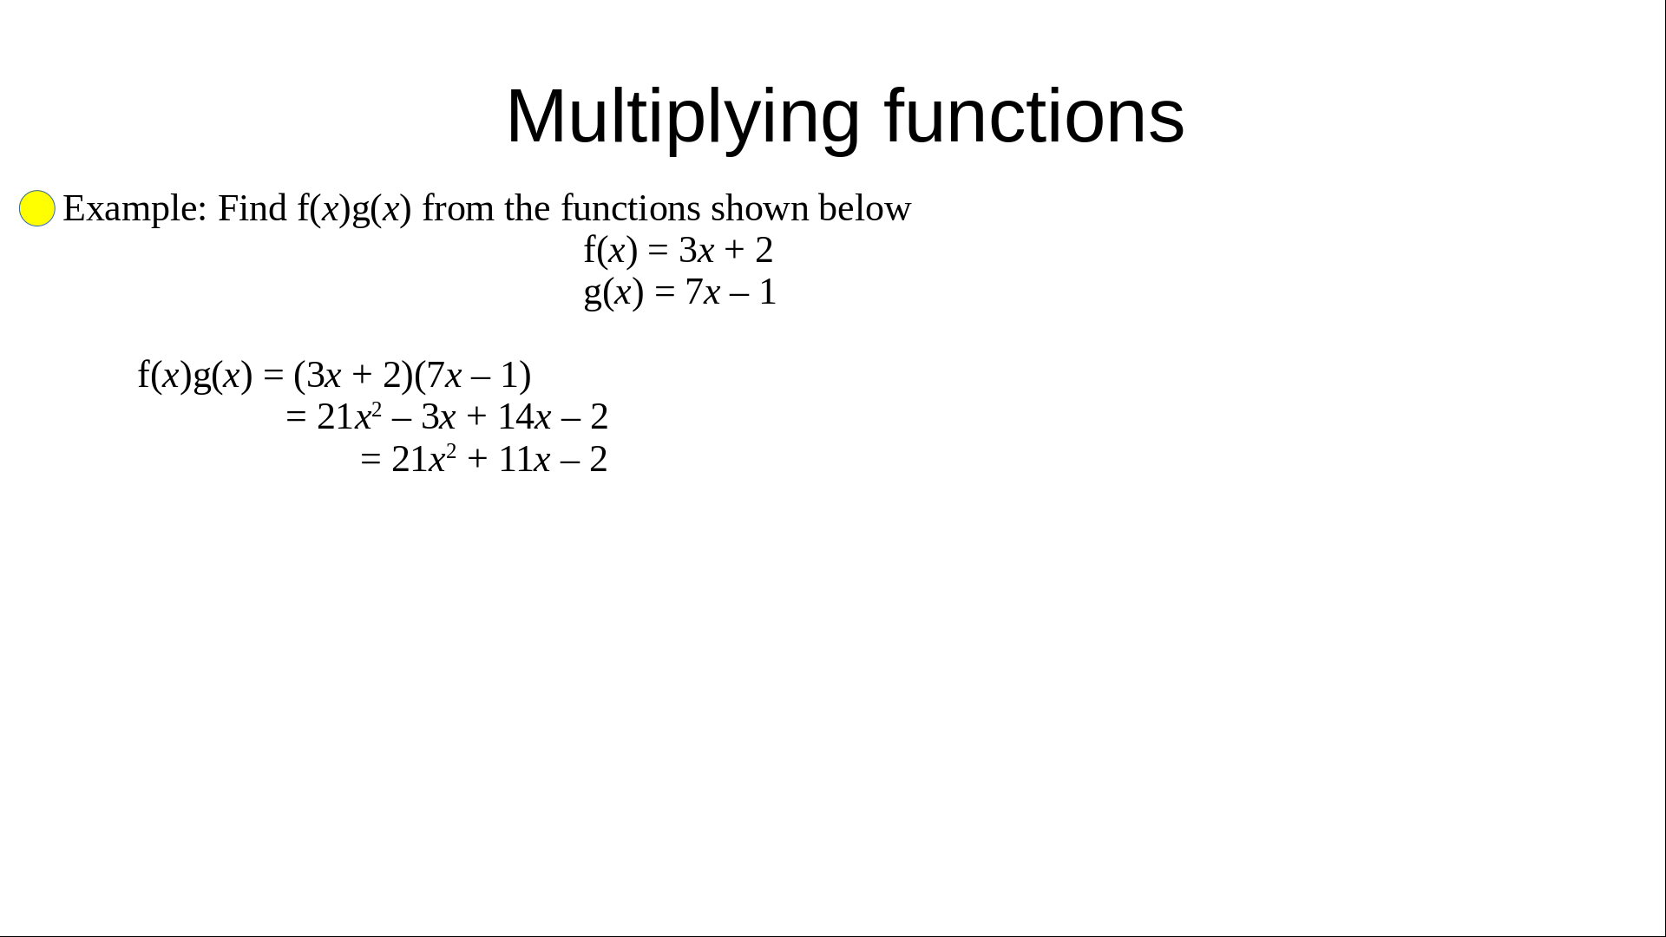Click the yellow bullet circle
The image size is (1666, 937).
[x=37, y=208]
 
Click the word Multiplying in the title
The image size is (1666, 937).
[x=683, y=117]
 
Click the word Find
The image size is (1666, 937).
[x=252, y=208]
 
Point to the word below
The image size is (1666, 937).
[x=864, y=208]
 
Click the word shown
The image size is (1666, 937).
[x=759, y=208]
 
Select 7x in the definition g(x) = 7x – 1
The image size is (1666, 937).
[x=703, y=292]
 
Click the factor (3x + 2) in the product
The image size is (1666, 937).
[x=353, y=375]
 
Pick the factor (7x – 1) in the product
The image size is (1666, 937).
[x=473, y=375]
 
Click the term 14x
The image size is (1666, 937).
[x=524, y=417]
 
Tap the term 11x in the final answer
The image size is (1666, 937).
[x=524, y=460]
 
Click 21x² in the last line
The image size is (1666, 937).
[x=424, y=459]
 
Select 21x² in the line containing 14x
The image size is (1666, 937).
[x=350, y=416]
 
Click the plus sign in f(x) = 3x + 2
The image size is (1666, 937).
[x=734, y=251]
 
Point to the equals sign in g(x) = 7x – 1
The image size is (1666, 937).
[x=665, y=292]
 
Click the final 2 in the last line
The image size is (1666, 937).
[x=599, y=460]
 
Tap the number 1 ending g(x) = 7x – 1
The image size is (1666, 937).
[x=767, y=292]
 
